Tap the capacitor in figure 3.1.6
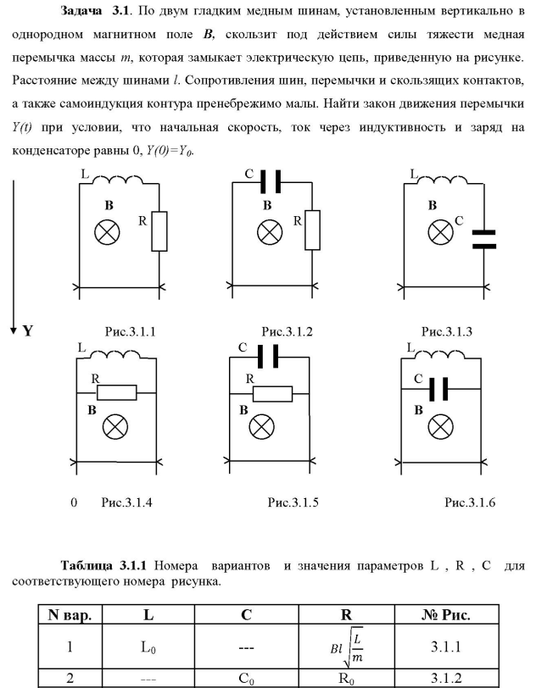(439, 389)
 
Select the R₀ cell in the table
(358, 678)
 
